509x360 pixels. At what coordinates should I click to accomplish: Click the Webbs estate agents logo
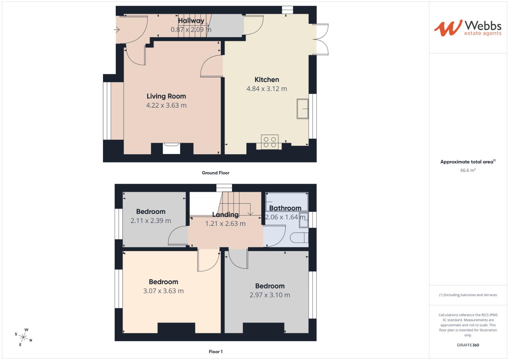(468, 28)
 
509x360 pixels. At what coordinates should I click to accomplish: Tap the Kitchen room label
(267, 80)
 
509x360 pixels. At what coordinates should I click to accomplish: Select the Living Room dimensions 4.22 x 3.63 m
(166, 105)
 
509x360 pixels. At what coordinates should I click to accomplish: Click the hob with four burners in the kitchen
(270, 142)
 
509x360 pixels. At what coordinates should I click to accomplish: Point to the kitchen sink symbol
(303, 108)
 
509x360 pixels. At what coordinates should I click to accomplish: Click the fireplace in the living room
(171, 148)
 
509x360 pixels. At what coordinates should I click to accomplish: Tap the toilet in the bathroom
(299, 238)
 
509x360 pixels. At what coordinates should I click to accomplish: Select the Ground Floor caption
(215, 173)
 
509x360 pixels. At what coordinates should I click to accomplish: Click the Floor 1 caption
(216, 351)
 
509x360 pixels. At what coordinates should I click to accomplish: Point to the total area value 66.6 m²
(468, 170)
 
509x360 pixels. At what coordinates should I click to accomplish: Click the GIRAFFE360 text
(468, 345)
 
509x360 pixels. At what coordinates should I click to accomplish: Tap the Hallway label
(191, 21)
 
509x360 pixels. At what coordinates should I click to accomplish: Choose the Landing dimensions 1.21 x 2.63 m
(225, 224)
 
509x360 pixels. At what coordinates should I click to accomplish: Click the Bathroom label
(285, 208)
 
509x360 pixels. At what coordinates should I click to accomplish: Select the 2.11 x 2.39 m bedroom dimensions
(151, 221)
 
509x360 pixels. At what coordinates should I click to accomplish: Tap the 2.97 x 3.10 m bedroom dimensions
(270, 295)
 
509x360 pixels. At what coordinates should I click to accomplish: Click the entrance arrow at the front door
(116, 30)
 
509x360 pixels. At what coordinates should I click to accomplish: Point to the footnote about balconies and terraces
(468, 295)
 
